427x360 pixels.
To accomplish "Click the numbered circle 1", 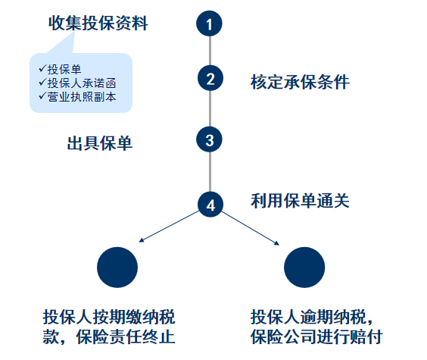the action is [209, 23].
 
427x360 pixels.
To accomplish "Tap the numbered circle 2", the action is [210, 78].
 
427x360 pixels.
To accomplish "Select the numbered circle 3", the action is [209, 139].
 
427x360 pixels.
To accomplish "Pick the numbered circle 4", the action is [210, 205].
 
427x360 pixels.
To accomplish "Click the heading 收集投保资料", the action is [98, 23].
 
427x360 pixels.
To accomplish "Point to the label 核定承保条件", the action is [300, 82].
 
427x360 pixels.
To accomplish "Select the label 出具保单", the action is [100, 143].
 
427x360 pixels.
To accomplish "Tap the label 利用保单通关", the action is [300, 201].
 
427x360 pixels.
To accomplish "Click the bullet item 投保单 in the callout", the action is [64, 69].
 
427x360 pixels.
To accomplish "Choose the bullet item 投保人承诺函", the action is [82, 83].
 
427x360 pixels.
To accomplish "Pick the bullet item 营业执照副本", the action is [82, 97].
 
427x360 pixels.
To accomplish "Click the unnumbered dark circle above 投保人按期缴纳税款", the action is [117, 268].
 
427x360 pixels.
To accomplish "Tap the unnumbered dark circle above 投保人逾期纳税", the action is [304, 268].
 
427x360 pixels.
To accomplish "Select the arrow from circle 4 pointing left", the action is [169, 226].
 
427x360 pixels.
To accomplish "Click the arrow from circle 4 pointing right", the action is [251, 228].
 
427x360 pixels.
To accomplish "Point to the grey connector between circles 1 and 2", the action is [210, 51].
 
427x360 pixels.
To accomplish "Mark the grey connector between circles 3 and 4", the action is [210, 172].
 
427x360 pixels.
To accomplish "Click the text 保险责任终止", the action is [126, 337].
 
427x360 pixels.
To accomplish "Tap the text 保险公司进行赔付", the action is [316, 337].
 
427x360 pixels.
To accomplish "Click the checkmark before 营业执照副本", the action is [42, 96].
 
